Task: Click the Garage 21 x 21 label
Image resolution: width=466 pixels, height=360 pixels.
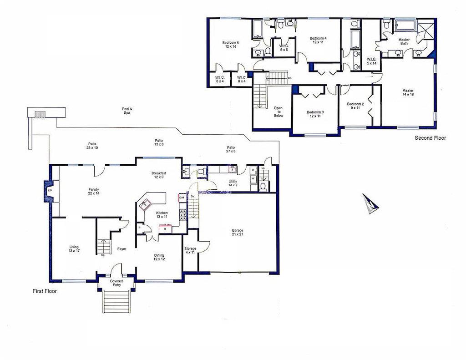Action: tap(238, 233)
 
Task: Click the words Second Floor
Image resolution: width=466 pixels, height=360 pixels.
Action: tap(430, 138)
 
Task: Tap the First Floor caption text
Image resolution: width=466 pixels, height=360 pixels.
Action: tap(45, 291)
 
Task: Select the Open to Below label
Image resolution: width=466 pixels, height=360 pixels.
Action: tap(278, 112)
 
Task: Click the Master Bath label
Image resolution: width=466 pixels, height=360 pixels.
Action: tap(404, 41)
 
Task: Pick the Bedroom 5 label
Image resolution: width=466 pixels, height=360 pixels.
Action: tap(230, 45)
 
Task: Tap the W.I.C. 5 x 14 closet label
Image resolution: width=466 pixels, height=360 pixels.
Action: tap(371, 61)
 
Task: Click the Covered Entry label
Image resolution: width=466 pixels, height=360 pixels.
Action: tap(116, 283)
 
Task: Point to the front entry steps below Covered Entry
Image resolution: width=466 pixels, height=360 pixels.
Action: tap(116, 301)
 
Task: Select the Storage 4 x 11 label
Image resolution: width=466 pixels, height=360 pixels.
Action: tap(190, 250)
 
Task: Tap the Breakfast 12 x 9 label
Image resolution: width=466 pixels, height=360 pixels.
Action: tap(159, 175)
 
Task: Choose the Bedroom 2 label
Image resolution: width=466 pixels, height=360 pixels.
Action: tap(355, 106)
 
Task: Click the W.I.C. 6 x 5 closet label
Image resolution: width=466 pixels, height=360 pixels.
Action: tap(284, 48)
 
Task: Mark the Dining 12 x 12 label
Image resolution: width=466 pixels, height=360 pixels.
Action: tap(159, 258)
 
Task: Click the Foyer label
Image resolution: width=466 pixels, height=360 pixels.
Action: tap(122, 249)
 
